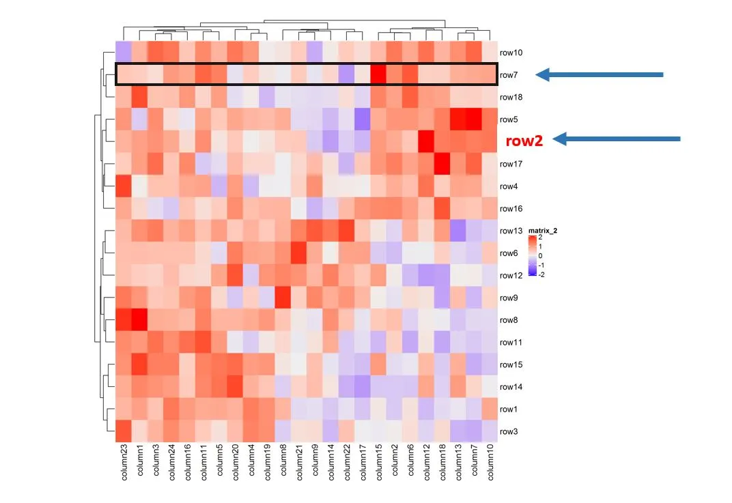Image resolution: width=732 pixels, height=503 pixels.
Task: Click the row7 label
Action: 510,74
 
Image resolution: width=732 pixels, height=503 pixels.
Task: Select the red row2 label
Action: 524,141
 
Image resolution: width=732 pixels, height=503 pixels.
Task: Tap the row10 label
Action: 511,53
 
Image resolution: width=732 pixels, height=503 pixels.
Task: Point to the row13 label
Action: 511,231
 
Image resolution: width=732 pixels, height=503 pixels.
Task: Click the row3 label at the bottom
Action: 509,431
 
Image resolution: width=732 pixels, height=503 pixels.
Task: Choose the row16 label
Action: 511,208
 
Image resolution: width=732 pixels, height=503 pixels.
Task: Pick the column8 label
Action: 283,461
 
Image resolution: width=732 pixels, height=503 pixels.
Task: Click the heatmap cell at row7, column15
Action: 378,74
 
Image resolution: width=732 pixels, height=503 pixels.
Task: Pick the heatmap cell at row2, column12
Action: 426,141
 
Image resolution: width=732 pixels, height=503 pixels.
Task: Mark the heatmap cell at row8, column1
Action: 140,319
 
